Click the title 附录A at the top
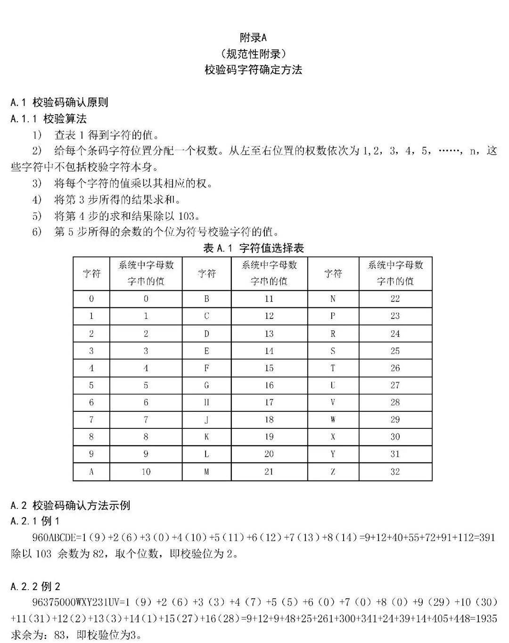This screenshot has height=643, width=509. click(x=253, y=37)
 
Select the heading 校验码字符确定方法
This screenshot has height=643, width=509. click(x=253, y=70)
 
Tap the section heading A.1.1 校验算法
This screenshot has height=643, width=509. click(x=49, y=118)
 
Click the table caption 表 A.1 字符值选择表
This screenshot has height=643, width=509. click(x=253, y=248)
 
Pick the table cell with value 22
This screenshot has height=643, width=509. click(x=395, y=299)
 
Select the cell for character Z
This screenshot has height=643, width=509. click(x=333, y=471)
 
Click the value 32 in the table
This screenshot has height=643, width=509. click(x=395, y=471)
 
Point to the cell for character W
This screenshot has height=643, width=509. click(x=333, y=419)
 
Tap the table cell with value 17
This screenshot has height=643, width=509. click(x=269, y=402)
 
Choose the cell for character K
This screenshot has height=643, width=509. click(x=206, y=437)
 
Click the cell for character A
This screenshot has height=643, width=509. click(x=91, y=471)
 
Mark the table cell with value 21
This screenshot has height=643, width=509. click(x=269, y=471)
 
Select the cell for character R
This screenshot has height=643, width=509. click(x=333, y=334)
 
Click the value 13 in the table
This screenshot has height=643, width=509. click(x=269, y=334)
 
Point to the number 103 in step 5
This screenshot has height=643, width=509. click(x=187, y=216)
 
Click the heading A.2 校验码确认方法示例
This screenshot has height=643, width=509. click(x=70, y=505)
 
